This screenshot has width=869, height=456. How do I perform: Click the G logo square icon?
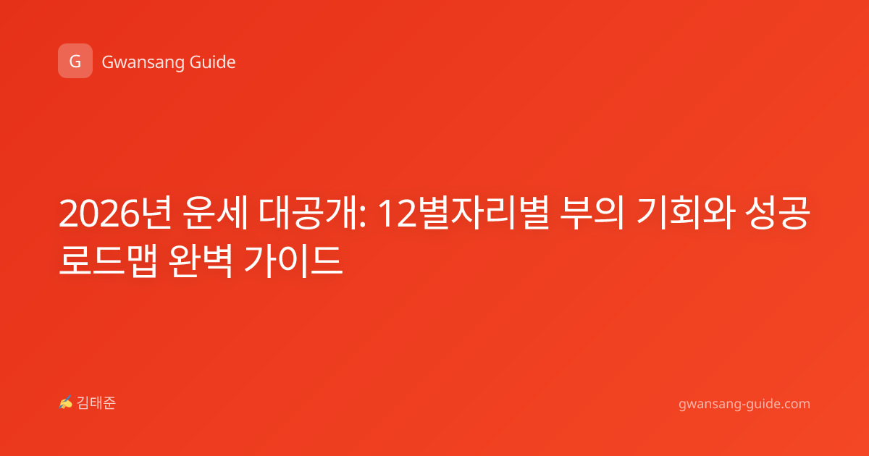pyautogui.click(x=75, y=61)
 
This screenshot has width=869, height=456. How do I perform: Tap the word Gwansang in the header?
pyautogui.click(x=143, y=63)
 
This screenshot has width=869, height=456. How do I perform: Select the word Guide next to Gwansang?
pyautogui.click(x=213, y=62)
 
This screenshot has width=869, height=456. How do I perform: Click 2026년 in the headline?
pyautogui.click(x=115, y=214)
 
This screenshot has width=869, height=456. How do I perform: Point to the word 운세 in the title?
pyautogui.click(x=215, y=214)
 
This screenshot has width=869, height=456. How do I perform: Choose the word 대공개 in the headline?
pyautogui.click(x=308, y=214)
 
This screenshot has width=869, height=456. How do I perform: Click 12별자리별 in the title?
pyautogui.click(x=463, y=214)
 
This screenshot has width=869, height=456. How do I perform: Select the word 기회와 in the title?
pyautogui.click(x=684, y=214)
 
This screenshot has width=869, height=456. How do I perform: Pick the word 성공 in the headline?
pyautogui.click(x=778, y=214)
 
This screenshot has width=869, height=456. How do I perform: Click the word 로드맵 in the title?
pyautogui.click(x=108, y=261)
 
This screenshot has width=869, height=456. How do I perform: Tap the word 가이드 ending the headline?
pyautogui.click(x=293, y=261)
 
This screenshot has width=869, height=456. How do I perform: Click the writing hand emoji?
pyautogui.click(x=66, y=402)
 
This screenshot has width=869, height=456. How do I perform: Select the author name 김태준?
pyautogui.click(x=96, y=403)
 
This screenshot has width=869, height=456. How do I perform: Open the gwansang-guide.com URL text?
pyautogui.click(x=744, y=404)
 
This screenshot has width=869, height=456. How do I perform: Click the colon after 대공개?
pyautogui.click(x=362, y=218)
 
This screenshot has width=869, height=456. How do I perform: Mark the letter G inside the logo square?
pyautogui.click(x=75, y=62)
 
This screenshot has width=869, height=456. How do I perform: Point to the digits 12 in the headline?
pyautogui.click(x=397, y=214)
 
